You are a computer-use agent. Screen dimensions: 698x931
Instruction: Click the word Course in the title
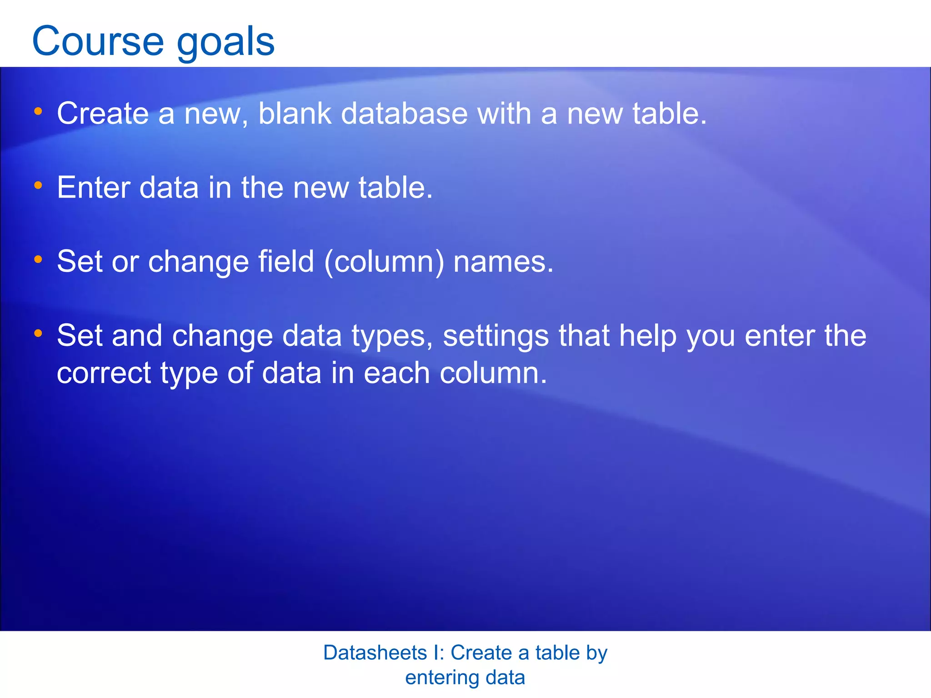(x=98, y=41)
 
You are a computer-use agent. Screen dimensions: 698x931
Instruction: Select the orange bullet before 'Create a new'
(x=38, y=111)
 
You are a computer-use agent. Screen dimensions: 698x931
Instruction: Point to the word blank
(x=295, y=113)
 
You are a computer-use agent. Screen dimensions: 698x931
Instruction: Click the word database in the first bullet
(x=404, y=113)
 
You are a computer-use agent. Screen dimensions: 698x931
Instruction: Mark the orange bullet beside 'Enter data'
(x=38, y=185)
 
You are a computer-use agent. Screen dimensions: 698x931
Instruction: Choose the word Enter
(x=93, y=187)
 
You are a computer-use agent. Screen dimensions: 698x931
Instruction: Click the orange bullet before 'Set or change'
(x=38, y=259)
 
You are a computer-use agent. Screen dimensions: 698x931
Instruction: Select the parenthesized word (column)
(x=384, y=262)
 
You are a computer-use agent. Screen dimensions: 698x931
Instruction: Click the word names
(x=503, y=262)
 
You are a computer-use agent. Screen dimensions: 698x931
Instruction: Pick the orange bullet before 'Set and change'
(x=38, y=334)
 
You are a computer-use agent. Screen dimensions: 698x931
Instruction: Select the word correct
(x=104, y=374)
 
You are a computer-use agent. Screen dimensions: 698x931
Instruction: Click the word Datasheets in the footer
(x=375, y=653)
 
